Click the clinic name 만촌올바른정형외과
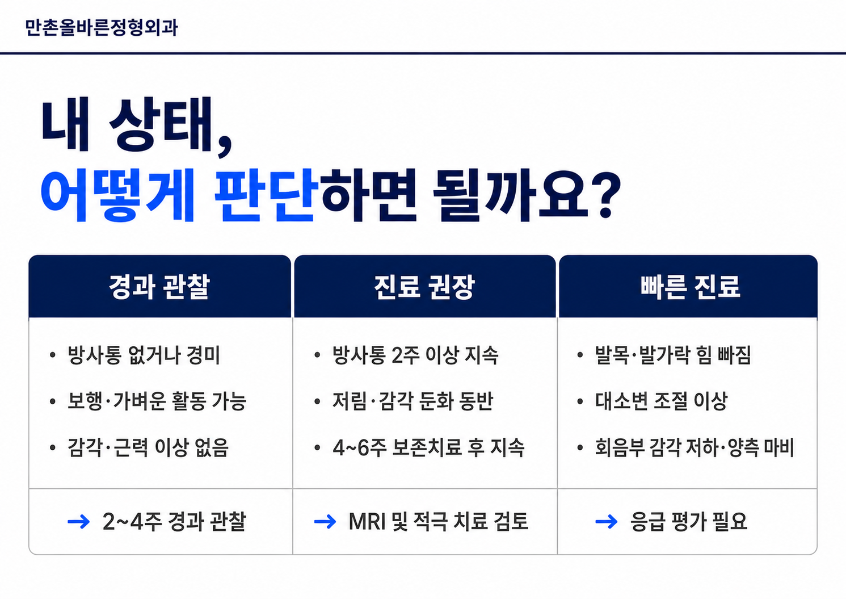[x=101, y=28]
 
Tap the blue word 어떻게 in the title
[x=117, y=195]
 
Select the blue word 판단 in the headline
[x=264, y=195]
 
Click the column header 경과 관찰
[x=159, y=287]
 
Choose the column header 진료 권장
[x=424, y=287]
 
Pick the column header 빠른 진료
[x=690, y=287]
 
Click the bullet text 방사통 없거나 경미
[x=144, y=355]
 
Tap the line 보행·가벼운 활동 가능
[x=157, y=401]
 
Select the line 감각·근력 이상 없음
[x=148, y=447]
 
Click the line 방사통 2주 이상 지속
[x=415, y=355]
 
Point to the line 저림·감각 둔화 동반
[x=413, y=401]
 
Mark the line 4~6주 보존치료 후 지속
[x=428, y=447]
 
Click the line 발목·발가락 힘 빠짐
[x=673, y=355]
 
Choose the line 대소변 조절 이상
[x=661, y=401]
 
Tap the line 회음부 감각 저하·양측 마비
[x=695, y=447]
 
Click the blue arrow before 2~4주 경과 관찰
[x=78, y=522]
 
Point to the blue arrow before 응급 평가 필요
[x=606, y=522]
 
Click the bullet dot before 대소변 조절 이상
[x=580, y=402]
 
